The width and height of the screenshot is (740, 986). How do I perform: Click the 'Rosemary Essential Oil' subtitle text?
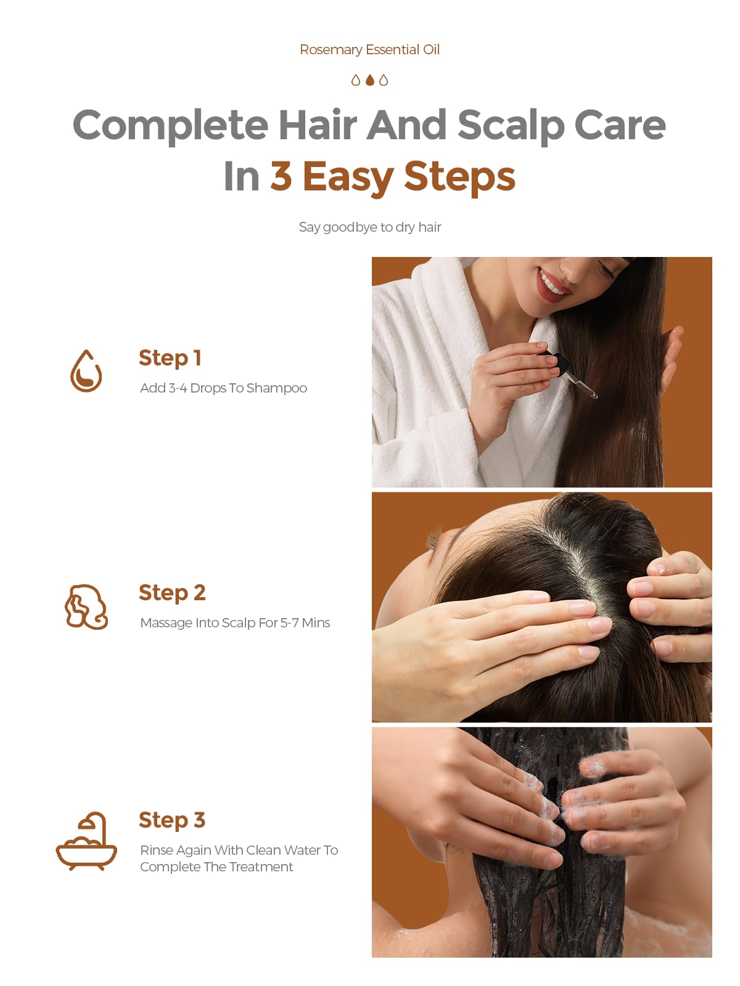[x=369, y=49]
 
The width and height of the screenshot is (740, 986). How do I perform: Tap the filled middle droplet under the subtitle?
[x=370, y=80]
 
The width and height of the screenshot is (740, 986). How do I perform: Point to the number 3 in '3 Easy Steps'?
[x=281, y=176]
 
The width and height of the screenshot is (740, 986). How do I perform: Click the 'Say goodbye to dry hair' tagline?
[x=370, y=227]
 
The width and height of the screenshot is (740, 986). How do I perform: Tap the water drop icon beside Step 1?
[x=86, y=371]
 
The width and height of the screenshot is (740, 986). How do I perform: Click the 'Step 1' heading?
[x=170, y=359]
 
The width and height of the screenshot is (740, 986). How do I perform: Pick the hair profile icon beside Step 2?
[x=86, y=606]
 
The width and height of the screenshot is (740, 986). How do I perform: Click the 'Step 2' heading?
[x=172, y=593]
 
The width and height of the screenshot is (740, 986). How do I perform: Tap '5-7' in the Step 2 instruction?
[x=289, y=622]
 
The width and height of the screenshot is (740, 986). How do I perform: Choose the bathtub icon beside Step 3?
[x=86, y=841]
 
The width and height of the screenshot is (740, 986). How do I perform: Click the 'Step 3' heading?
[x=172, y=820]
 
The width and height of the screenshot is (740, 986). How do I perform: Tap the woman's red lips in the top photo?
[x=553, y=286]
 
